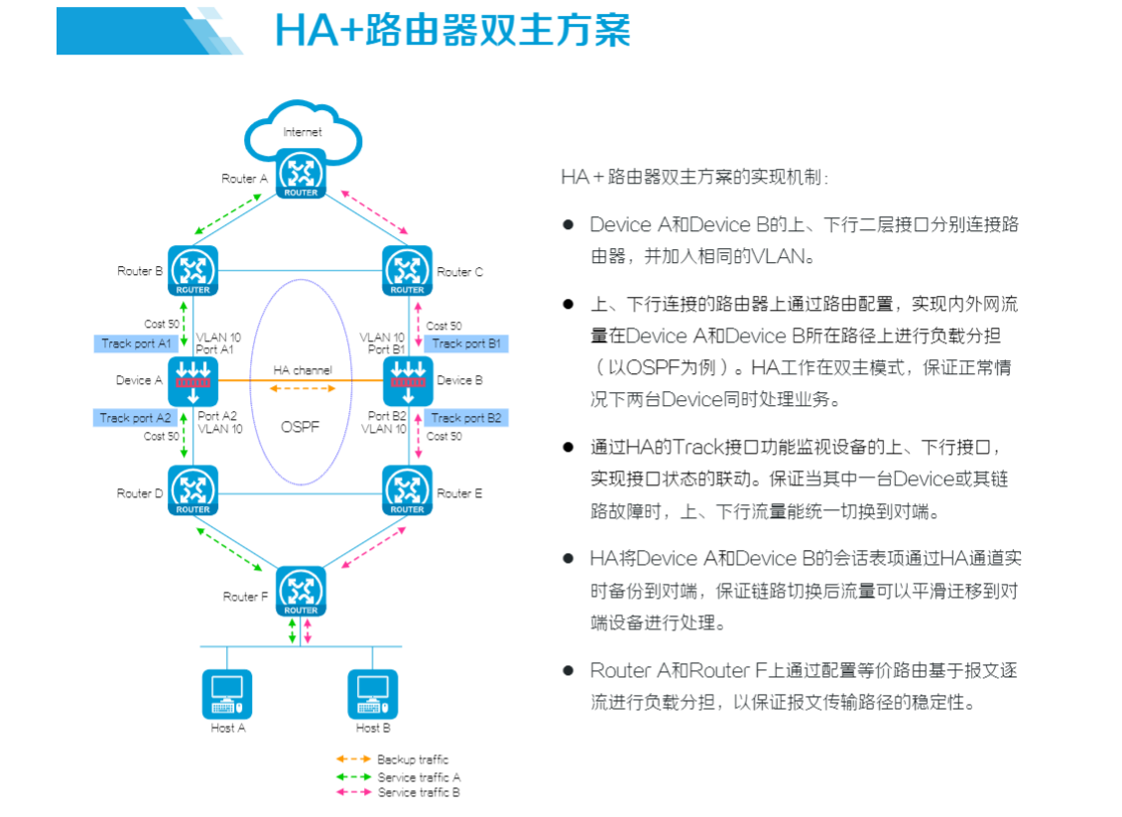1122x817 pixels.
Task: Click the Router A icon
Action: coord(301,173)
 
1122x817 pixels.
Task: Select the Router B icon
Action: coord(192,270)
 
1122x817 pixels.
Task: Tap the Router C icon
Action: coord(407,270)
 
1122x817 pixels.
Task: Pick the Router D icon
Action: coord(192,490)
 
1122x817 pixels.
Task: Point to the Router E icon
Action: coord(407,490)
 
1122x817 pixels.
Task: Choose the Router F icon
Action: coord(301,591)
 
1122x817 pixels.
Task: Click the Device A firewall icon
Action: coord(192,381)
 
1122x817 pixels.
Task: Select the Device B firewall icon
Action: coord(408,381)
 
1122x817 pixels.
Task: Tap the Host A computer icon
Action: coord(227,694)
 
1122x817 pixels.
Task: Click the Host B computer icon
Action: coord(372,694)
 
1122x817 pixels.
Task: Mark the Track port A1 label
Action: coord(136,343)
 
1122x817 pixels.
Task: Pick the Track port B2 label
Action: coord(466,418)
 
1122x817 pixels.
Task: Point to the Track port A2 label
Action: coord(136,418)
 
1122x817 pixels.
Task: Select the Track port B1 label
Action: coord(466,343)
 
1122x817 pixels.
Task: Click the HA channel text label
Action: coord(304,370)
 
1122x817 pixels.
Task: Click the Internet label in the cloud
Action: coord(303,132)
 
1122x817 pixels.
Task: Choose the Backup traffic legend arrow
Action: coord(353,759)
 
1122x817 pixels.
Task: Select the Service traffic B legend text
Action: coord(419,792)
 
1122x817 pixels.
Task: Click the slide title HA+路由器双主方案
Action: coord(452,30)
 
